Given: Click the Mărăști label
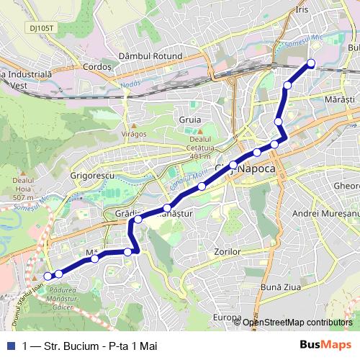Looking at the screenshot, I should (x=341, y=98).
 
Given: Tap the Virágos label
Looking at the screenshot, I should (x=133, y=133).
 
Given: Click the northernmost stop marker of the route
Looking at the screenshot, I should (x=311, y=63).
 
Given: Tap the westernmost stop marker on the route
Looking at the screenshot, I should (x=48, y=276).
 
